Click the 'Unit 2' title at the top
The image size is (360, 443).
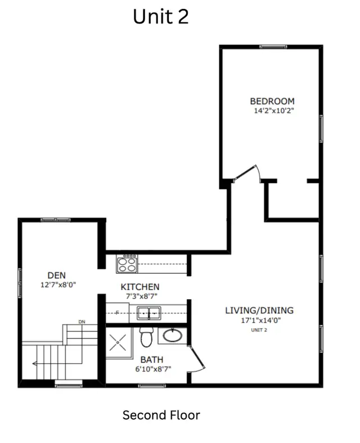pyautogui.click(x=160, y=17)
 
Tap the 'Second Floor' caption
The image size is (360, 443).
pyautogui.click(x=161, y=415)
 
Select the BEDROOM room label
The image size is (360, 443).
pyautogui.click(x=272, y=101)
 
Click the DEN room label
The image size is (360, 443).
pyautogui.click(x=56, y=275)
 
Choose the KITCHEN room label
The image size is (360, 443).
pyautogui.click(x=140, y=286)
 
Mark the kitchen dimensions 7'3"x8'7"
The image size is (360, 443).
pyautogui.click(x=140, y=295)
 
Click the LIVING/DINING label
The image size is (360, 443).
pyautogui.click(x=259, y=310)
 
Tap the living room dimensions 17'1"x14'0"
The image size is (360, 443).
pyautogui.click(x=259, y=320)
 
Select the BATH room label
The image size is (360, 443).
pyautogui.click(x=152, y=359)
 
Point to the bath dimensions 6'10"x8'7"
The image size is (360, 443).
pyautogui.click(x=152, y=369)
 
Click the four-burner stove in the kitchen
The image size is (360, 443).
pyautogui.click(x=127, y=264)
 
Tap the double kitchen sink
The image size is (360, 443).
pyautogui.click(x=149, y=313)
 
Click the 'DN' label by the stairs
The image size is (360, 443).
pyautogui.click(x=82, y=322)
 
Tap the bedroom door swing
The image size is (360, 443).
pyautogui.click(x=247, y=173)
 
